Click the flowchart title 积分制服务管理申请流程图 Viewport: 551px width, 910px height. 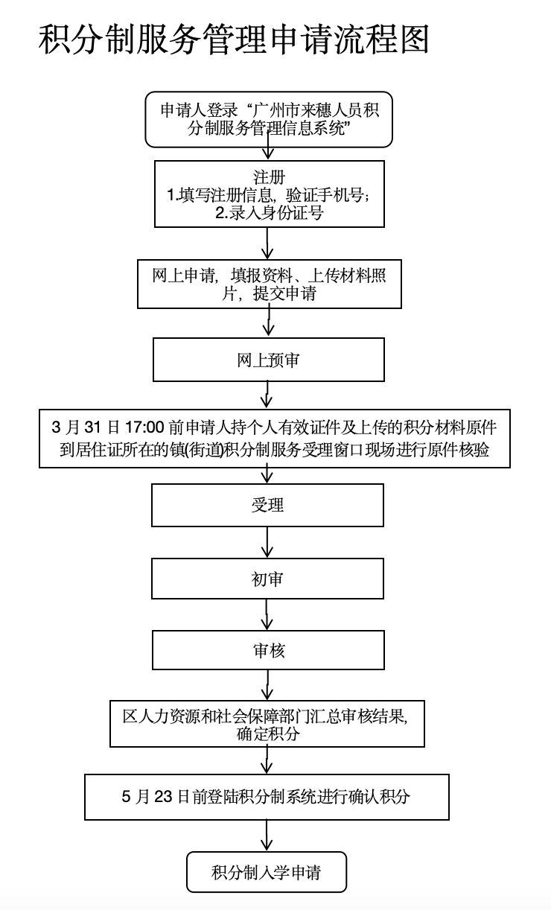pyautogui.click(x=234, y=39)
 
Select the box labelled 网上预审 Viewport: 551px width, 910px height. pyautogui.click(x=269, y=360)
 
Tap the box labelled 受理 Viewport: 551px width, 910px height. pyautogui.click(x=267, y=506)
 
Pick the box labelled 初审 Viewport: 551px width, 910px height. pyautogui.click(x=267, y=579)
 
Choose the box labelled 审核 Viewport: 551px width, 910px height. pyautogui.click(x=268, y=650)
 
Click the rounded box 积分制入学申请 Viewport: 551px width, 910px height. pyautogui.click(x=267, y=872)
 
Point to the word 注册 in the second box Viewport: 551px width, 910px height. pyautogui.click(x=269, y=179)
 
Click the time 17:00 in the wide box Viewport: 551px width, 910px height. pyautogui.click(x=144, y=428)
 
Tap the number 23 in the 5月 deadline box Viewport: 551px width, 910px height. pyautogui.click(x=164, y=796)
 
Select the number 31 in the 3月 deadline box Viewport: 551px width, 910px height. pyautogui.click(x=89, y=428)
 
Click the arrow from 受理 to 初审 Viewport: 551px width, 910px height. pyautogui.click(x=267, y=542)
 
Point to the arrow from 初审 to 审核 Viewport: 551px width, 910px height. pyautogui.click(x=267, y=615)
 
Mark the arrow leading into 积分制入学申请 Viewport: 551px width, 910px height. pyautogui.click(x=267, y=836)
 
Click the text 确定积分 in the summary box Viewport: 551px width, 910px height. pyautogui.click(x=268, y=734)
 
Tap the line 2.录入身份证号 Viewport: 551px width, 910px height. pyautogui.click(x=269, y=211)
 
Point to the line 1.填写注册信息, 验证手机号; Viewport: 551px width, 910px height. pyautogui.click(x=269, y=195)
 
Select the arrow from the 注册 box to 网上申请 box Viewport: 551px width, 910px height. pyautogui.click(x=267, y=243)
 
